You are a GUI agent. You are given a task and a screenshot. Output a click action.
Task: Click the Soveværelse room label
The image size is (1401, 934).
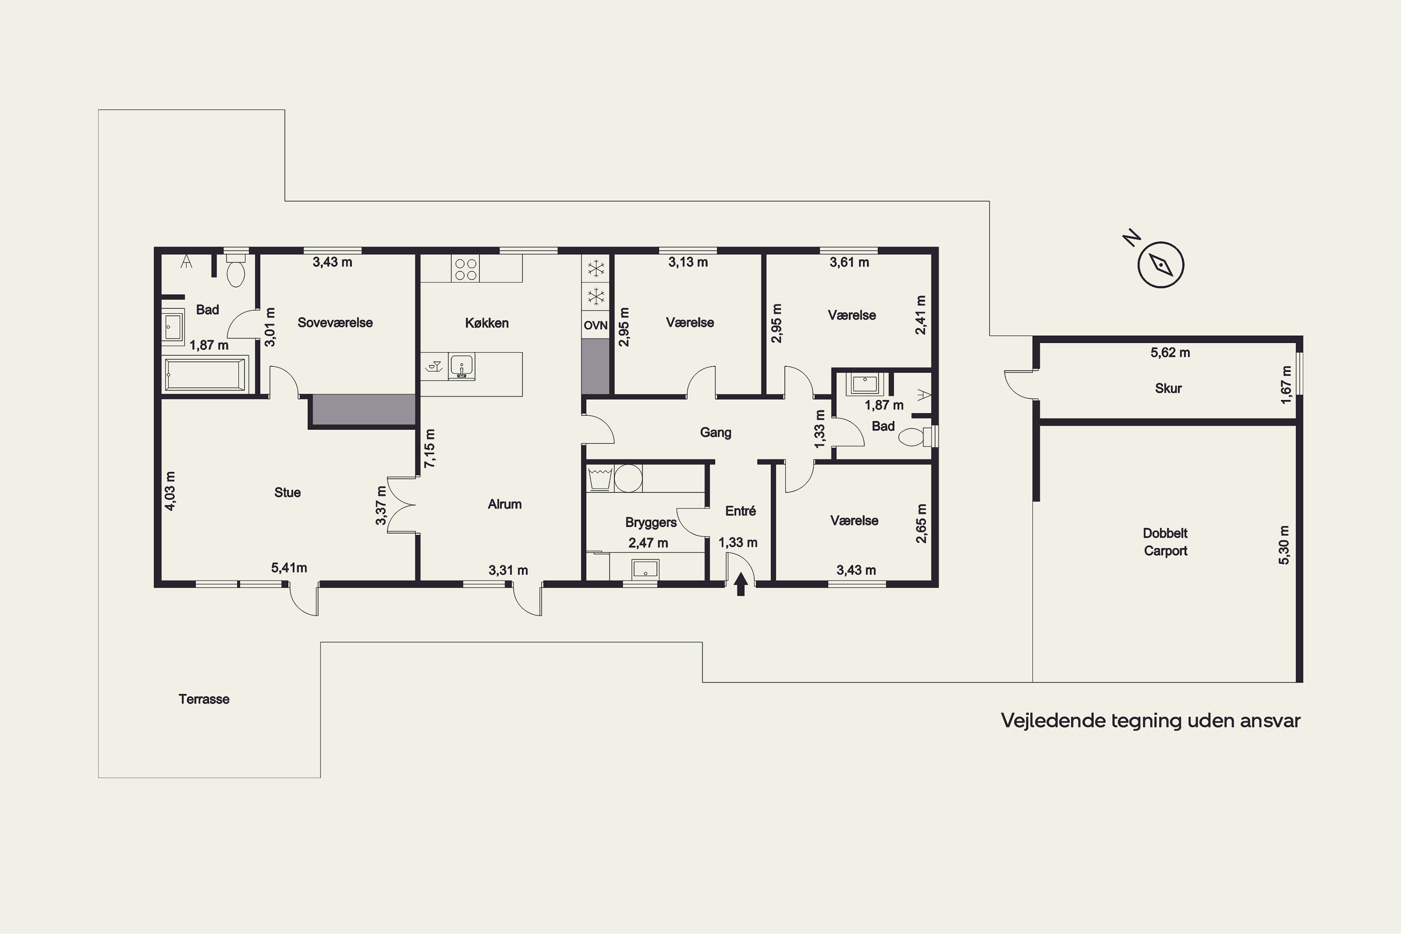point(335,322)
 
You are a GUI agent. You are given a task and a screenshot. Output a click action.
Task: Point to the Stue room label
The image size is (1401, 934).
point(287,493)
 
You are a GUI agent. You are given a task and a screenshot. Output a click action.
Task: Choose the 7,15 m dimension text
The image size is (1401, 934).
point(430,448)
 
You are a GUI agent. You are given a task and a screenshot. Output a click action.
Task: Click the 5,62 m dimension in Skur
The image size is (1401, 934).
point(1170,353)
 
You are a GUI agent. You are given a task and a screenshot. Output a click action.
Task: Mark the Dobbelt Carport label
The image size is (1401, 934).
point(1165,542)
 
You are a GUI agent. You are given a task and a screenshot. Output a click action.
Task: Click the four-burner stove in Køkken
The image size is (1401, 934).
point(466,269)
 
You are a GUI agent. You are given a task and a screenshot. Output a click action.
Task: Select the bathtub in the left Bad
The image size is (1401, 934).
point(205,374)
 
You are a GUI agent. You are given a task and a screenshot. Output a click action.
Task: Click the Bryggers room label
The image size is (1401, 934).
point(651,523)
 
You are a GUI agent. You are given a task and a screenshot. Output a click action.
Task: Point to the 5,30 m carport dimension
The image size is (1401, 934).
point(1284,545)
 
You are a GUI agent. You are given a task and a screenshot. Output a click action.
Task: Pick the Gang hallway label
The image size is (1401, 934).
point(715,432)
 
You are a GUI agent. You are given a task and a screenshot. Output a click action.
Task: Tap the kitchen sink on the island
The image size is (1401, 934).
point(462,367)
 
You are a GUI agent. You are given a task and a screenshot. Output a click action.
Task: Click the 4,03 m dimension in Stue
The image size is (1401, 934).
point(170,491)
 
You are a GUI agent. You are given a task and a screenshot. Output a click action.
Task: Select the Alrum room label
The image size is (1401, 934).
point(504,504)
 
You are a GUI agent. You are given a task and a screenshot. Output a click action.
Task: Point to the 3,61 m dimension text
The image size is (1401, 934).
point(849,262)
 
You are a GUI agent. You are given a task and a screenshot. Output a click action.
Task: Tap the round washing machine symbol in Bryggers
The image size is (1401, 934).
point(629,478)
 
